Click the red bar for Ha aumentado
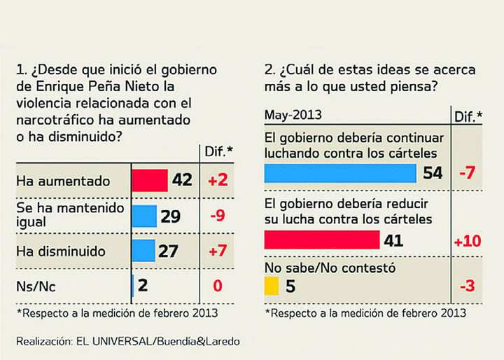pos(150,181)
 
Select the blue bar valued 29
pos(144,216)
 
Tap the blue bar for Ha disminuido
pos(143,250)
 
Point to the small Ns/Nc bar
pos(133,285)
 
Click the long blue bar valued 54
pos(340,172)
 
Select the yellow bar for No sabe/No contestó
pos(272,286)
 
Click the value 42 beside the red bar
pos(181,181)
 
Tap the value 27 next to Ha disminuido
pos(168,251)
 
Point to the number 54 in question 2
pos(433,173)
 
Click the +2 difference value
pos(217,181)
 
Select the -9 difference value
pos(217,216)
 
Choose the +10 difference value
pos(466,242)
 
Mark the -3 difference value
pos(466,286)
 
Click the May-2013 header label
pos(293,114)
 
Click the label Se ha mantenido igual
pos(70,215)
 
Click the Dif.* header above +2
pos(217,151)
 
